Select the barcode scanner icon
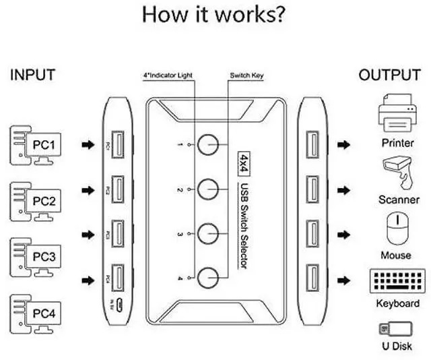click(397, 172)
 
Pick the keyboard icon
click(397, 282)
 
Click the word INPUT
click(33, 75)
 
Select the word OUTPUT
click(389, 75)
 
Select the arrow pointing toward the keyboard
click(343, 280)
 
